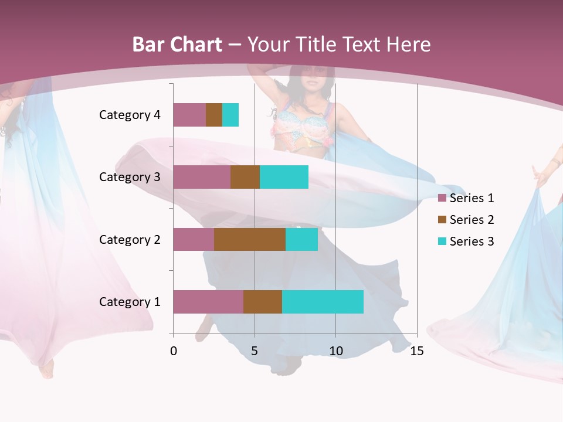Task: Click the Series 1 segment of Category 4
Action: coord(189,115)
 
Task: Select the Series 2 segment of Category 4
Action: coord(214,115)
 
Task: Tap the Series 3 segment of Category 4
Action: coord(230,115)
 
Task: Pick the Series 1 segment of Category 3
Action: coord(202,177)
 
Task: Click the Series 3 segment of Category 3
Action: coord(284,177)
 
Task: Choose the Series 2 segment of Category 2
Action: coord(250,239)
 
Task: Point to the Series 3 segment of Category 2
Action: coord(301,239)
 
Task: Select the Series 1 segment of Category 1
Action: coord(208,302)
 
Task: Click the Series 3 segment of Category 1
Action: coord(323,302)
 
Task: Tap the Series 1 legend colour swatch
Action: coord(442,198)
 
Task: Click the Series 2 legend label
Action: coord(472,220)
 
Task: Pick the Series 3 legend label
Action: coord(472,241)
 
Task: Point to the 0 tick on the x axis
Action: coord(174,351)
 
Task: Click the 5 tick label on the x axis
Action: coord(255,351)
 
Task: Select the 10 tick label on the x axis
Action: coord(335,351)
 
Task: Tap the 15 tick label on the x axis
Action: coord(416,351)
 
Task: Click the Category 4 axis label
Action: coord(130,115)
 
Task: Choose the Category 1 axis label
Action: coord(130,302)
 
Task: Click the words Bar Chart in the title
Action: coord(177,45)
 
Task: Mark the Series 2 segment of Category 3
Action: coord(245,177)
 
